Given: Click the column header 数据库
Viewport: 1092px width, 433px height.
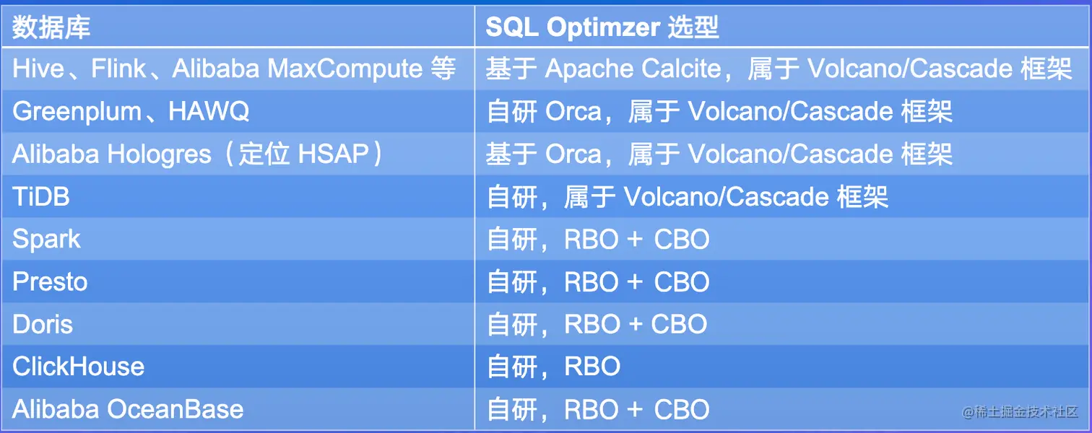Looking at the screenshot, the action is click(x=51, y=27).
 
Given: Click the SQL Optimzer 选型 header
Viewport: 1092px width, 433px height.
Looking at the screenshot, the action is click(x=602, y=27).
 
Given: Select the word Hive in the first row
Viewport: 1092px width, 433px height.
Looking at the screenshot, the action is click(x=38, y=68).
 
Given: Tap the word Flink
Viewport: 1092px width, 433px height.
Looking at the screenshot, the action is click(x=118, y=68).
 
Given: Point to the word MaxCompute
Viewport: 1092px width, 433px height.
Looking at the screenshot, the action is click(x=345, y=68).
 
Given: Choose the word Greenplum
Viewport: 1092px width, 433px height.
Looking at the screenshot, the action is click(x=77, y=112).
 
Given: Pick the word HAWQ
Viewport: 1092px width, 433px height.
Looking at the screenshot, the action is click(x=209, y=111).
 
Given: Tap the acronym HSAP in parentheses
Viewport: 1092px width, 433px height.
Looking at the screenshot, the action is click(x=334, y=154).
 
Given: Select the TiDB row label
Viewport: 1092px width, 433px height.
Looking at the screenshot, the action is click(x=41, y=197).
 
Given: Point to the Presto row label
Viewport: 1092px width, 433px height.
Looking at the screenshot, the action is click(x=50, y=281).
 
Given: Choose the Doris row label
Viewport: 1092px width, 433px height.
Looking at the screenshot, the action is click(x=43, y=324).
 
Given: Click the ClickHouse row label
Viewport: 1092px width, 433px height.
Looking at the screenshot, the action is click(x=79, y=367).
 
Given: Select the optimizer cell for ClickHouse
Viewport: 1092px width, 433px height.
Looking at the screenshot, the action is click(x=553, y=367).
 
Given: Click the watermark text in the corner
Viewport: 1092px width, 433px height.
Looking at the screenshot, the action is click(x=1020, y=412).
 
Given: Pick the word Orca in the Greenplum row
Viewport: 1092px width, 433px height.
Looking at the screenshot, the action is click(x=573, y=112).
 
